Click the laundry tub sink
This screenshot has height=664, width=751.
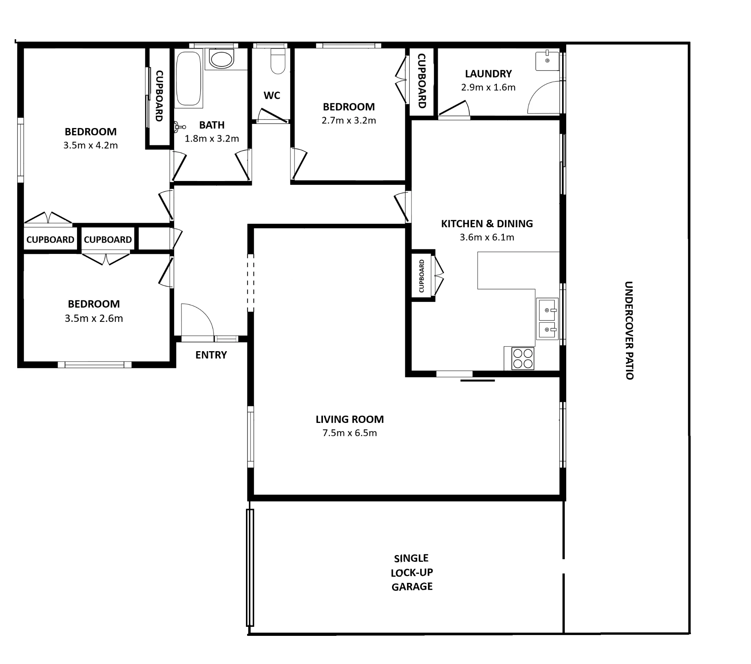tap(547, 60)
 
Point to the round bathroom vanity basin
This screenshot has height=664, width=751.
tap(222, 59)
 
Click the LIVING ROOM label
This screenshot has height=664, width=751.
tap(350, 419)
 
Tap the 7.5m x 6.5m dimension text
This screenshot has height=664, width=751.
tap(350, 433)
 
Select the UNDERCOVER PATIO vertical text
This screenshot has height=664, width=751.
tap(629, 330)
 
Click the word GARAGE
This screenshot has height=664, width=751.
tap(412, 587)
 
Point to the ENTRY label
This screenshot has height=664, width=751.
tap(211, 355)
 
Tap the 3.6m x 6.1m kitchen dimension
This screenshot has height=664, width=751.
tap(487, 237)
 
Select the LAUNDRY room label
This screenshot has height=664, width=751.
tap(488, 74)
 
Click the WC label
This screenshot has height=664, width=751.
tap(272, 95)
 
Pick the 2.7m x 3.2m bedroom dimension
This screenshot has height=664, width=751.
tap(349, 121)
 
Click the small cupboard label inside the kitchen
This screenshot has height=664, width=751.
tap(421, 276)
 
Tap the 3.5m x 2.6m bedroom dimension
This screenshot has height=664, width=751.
tap(94, 318)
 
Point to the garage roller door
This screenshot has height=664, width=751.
tap(250, 567)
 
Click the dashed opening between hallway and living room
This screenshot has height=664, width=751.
tap(250, 283)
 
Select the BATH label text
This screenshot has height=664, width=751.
tap(212, 125)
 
